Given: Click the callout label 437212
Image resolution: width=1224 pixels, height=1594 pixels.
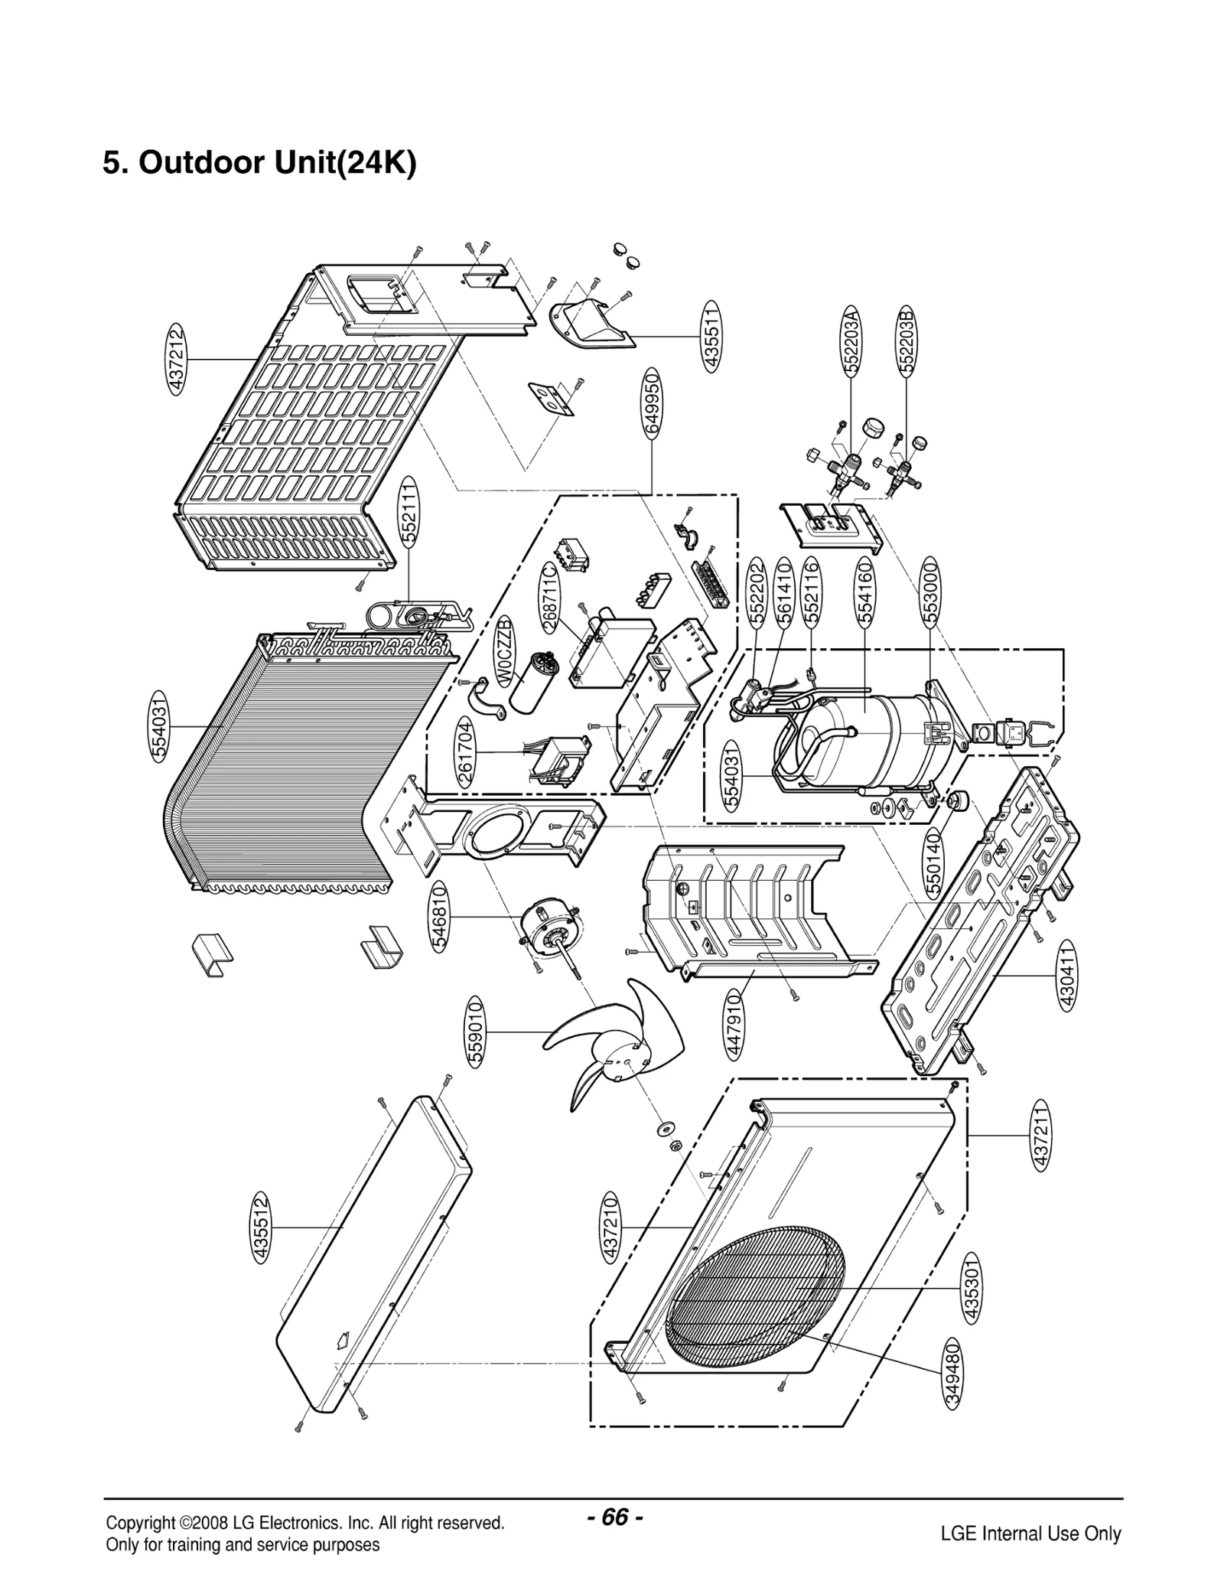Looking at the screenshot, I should point(176,359).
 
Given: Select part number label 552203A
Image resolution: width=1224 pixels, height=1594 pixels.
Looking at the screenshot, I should point(852,340).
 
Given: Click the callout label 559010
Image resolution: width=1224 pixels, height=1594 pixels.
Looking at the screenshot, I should point(475,1032).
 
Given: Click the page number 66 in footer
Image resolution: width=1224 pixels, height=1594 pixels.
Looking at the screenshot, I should point(616,1516).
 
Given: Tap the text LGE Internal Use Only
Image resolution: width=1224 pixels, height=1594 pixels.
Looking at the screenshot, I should point(1030,1533).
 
